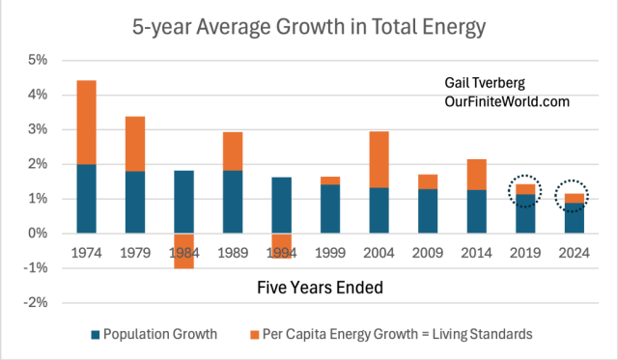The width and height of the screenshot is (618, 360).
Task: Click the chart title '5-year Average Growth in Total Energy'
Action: click(x=308, y=26)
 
